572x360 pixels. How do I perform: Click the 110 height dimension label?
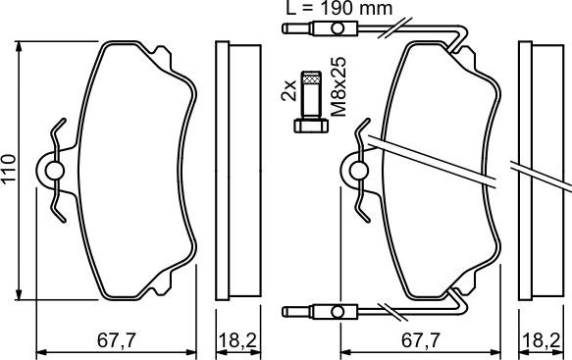[x=10, y=167]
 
